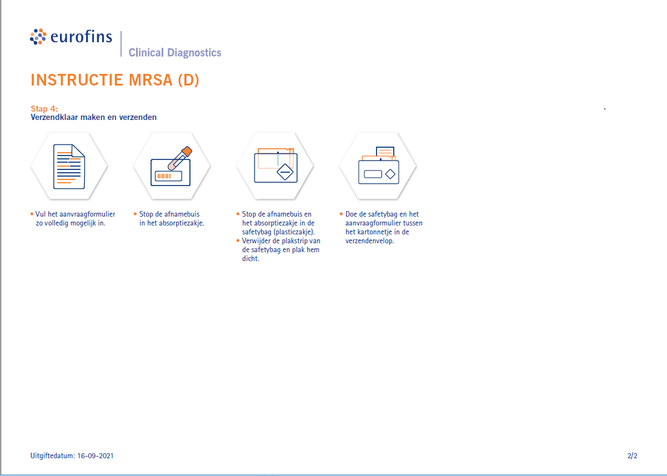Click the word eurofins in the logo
point(81,37)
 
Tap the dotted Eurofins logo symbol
point(38,37)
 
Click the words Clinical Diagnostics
point(175,53)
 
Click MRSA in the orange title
point(151,80)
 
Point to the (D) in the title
point(188,80)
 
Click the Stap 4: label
point(44,109)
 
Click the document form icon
point(69,166)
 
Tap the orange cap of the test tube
point(187,151)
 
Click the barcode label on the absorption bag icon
point(168,176)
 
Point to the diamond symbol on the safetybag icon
point(285,172)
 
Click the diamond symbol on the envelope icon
point(390,174)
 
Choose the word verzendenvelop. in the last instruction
point(369,241)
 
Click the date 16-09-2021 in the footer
point(96,456)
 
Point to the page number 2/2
point(632,456)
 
